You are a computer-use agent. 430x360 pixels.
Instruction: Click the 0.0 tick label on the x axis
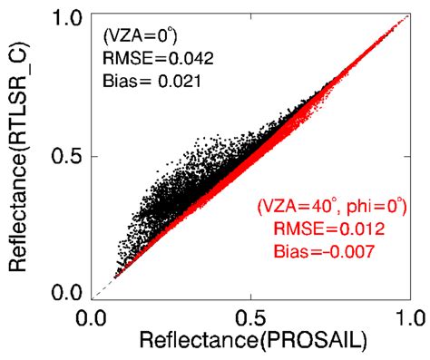point(93,317)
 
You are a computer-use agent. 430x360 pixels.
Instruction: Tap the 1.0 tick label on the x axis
point(406,317)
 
